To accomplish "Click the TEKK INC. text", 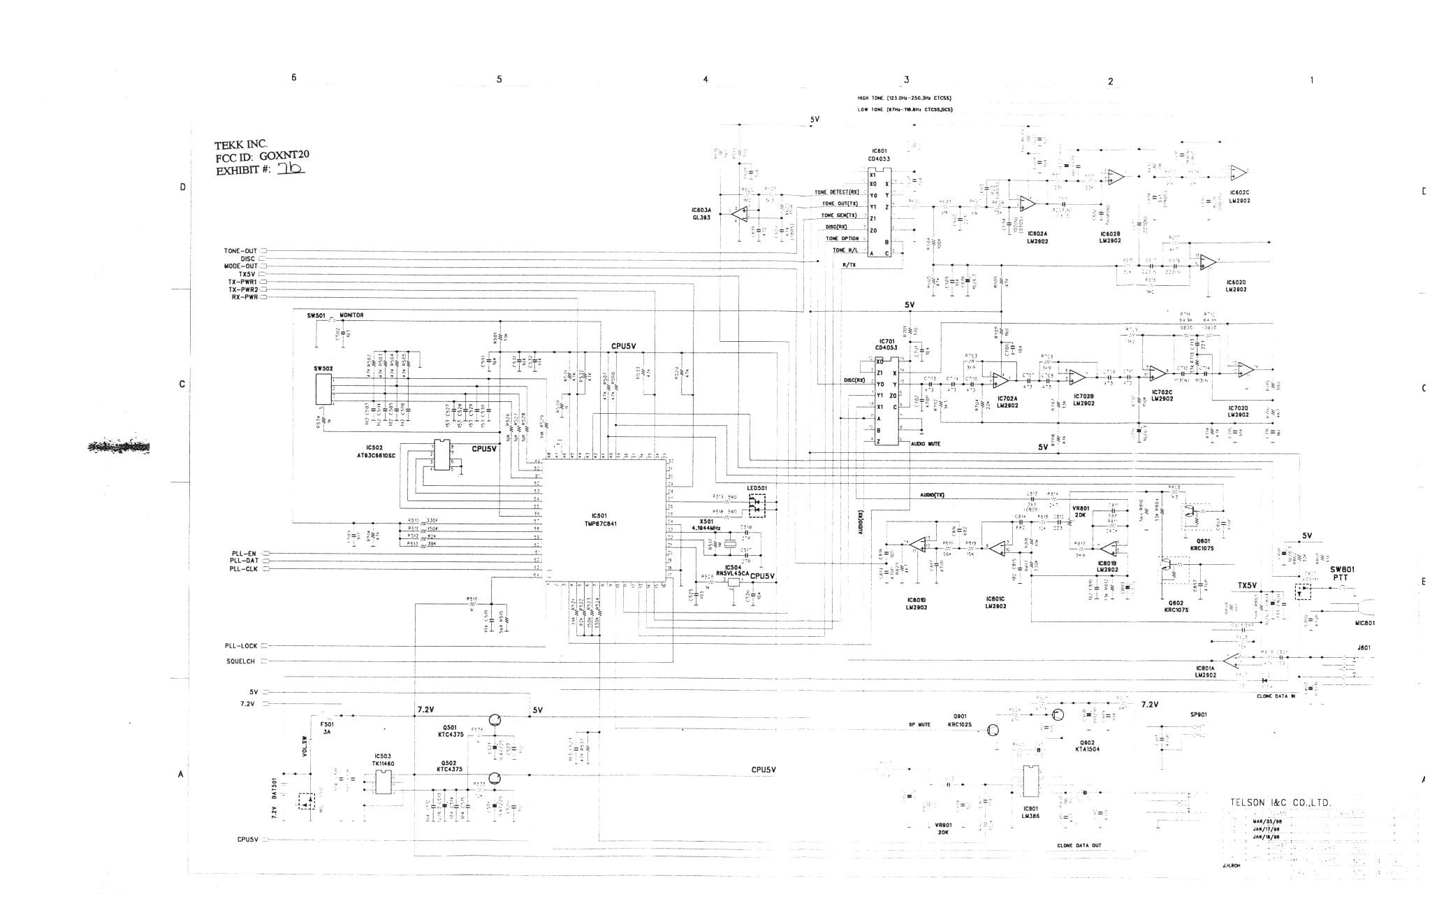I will pyautogui.click(x=241, y=144).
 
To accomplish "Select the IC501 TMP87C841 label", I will pyautogui.click(x=601, y=519).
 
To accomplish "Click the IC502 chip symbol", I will pyautogui.click(x=441, y=455).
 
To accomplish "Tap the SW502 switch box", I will pyautogui.click(x=323, y=389).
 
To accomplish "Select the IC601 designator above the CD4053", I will pyautogui.click(x=879, y=151).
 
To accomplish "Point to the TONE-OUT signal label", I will pyautogui.click(x=240, y=251).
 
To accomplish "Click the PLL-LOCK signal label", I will pyautogui.click(x=241, y=646).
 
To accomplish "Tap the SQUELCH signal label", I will pyautogui.click(x=240, y=661).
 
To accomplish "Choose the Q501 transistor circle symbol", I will pyautogui.click(x=495, y=721).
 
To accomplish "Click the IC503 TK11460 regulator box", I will pyautogui.click(x=384, y=783).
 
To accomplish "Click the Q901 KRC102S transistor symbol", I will pyautogui.click(x=991, y=731).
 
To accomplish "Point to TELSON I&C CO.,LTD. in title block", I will pyautogui.click(x=1280, y=803).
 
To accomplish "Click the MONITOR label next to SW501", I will pyautogui.click(x=351, y=315).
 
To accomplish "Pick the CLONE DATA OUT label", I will pyautogui.click(x=1079, y=845).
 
